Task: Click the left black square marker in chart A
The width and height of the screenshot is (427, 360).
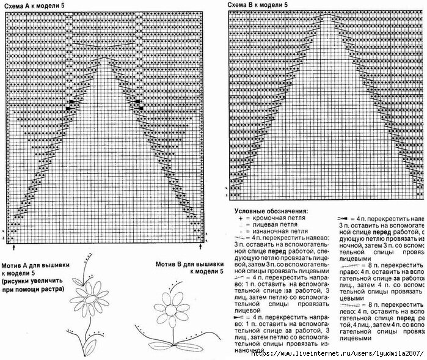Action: (x=71, y=104)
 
